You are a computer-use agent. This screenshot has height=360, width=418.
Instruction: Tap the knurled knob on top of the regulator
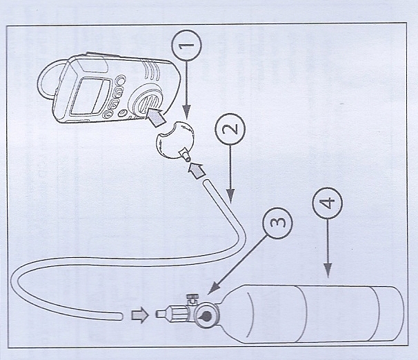pos(193,298)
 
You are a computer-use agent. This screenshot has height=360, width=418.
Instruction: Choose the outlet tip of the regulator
pos(160,315)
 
